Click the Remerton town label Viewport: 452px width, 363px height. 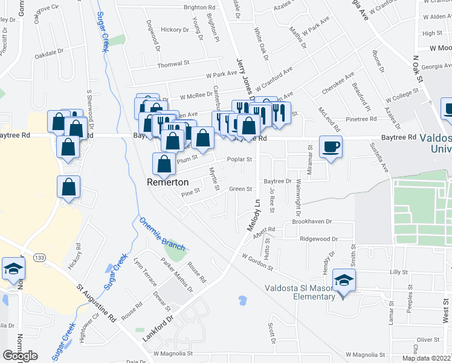tap(168, 181)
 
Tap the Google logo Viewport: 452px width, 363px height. tap(20, 356)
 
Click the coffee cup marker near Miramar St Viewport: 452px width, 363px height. tap(331, 147)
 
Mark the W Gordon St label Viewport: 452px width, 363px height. tap(257, 262)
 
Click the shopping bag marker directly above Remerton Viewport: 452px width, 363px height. tap(164, 163)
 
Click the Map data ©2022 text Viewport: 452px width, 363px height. tap(427, 358)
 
